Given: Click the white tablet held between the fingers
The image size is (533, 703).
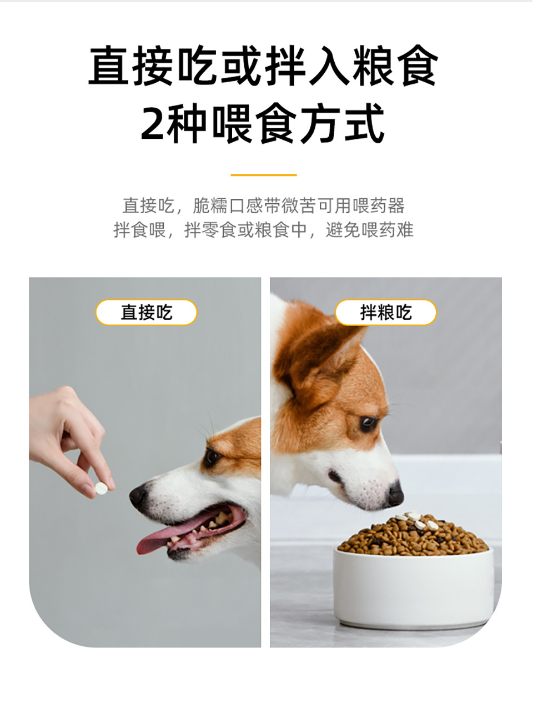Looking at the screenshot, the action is coord(102,488).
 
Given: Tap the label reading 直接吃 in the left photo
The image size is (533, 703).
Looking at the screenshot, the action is coord(146,312).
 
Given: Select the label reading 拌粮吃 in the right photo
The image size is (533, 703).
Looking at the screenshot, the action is coord(385,312).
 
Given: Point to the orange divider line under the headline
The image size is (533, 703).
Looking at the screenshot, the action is coord(264,175).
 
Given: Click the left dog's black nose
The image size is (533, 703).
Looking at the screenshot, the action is coord(138,495).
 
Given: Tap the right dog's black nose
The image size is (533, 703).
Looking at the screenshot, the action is coord(395,494).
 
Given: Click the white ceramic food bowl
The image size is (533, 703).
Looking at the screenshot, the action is coord(414,586).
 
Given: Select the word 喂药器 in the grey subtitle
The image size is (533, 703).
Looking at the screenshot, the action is coord(379,205).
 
